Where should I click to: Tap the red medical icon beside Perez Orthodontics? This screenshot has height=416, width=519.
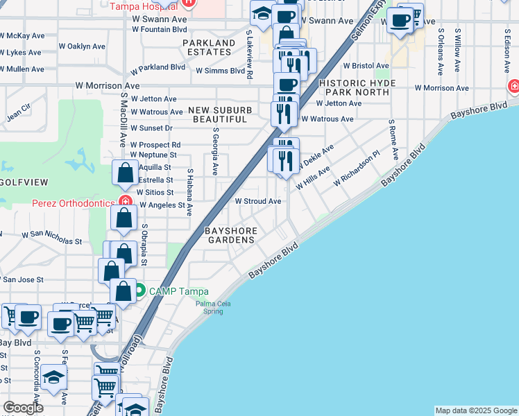125,202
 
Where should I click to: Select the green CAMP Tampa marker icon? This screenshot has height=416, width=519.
139,290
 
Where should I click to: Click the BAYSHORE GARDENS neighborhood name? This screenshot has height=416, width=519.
230,234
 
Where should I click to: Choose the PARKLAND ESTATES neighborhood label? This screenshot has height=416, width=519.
209,47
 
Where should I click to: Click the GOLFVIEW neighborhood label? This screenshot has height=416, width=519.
24,182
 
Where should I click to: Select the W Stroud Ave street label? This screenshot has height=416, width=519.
257,201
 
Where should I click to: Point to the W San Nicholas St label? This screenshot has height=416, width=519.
52,238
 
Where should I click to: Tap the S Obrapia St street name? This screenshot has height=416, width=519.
144,245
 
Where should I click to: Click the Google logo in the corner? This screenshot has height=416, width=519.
24,407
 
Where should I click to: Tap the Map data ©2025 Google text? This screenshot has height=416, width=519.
475,410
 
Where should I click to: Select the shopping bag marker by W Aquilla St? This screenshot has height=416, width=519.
125,173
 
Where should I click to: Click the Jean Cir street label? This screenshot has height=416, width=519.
19,112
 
